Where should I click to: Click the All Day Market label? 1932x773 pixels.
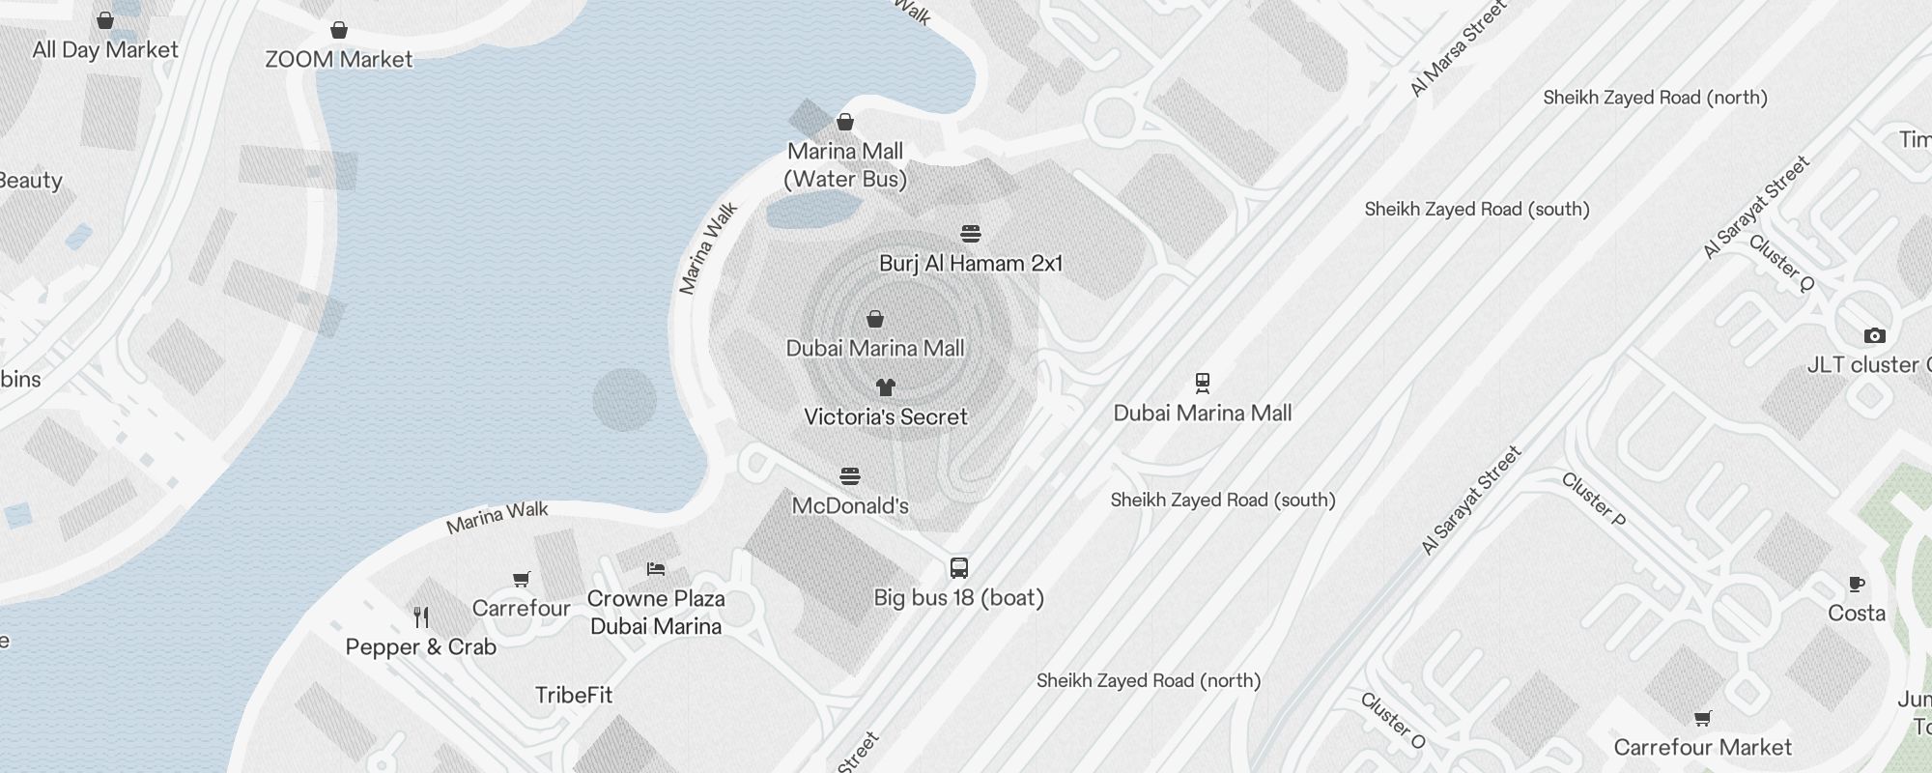tap(105, 50)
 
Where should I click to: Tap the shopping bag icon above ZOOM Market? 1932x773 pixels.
tap(339, 30)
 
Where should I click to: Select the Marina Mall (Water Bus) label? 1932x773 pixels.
tap(845, 165)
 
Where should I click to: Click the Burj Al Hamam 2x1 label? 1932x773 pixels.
tap(971, 264)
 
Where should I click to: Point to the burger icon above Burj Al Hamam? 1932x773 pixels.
tap(971, 234)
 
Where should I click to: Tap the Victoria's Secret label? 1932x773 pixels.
tap(886, 417)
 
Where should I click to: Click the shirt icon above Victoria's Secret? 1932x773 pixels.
tap(886, 387)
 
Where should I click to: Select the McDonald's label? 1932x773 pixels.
tap(850, 506)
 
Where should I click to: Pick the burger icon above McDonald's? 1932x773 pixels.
tap(850, 476)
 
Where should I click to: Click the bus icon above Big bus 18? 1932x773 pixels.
tap(959, 568)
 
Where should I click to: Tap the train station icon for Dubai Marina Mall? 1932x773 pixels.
tap(1203, 384)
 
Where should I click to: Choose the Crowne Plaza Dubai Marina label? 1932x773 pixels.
tap(656, 613)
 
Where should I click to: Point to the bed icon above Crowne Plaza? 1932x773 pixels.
tap(656, 569)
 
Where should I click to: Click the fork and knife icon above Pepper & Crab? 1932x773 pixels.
tap(421, 617)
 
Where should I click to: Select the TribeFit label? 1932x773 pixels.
tap(574, 696)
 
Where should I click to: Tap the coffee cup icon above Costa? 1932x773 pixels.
tap(1856, 584)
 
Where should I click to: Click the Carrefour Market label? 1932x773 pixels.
tap(1703, 748)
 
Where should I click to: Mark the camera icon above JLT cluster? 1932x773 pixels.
tap(1875, 335)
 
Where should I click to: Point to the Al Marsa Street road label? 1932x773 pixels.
tap(1458, 49)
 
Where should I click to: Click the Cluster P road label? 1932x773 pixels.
tap(1594, 500)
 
